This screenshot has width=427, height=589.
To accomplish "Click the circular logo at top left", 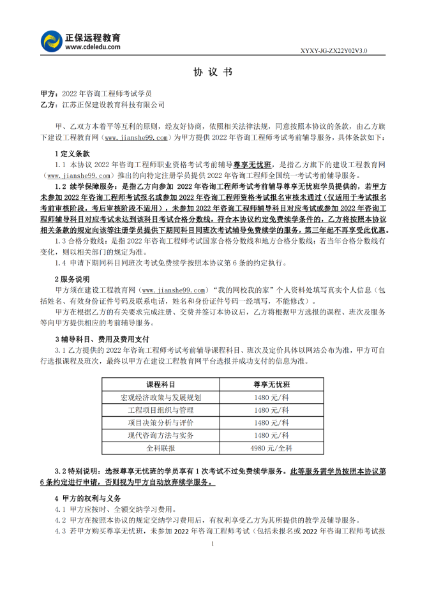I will point(51,42).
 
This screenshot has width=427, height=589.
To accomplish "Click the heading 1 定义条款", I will point(72,154).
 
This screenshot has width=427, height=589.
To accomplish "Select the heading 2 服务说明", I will point(72,280).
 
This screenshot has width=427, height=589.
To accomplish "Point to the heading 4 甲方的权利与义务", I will point(87,498).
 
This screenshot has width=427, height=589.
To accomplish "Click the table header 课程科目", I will point(160,385).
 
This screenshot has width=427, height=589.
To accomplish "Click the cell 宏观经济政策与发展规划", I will point(160,397).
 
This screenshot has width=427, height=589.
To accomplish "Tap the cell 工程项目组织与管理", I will point(160,410).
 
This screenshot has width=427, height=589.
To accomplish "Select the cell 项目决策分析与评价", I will point(160,422).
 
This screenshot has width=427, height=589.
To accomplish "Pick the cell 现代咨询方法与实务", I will point(160,435).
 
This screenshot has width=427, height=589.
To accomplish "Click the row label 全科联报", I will point(160,448).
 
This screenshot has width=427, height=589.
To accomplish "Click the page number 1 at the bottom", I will point(213,544).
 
